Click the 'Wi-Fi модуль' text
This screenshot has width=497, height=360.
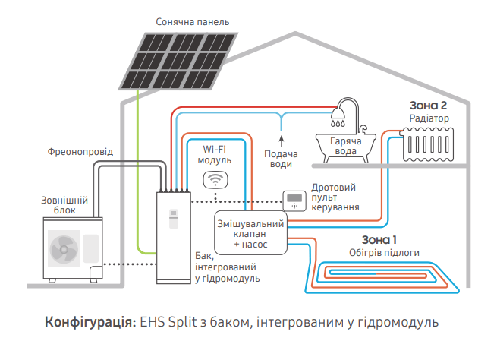pos(215,155)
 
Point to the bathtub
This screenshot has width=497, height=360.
pos(342,145)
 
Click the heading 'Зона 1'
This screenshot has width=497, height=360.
pos(379,239)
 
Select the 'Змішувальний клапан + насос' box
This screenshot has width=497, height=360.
pos(250,235)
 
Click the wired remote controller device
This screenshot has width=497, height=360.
pos(293,201)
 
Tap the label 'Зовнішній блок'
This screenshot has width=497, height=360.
pos(64,205)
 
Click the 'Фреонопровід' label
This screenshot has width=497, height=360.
pos(80,152)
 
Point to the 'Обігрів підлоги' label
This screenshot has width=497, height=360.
pos(379,253)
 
